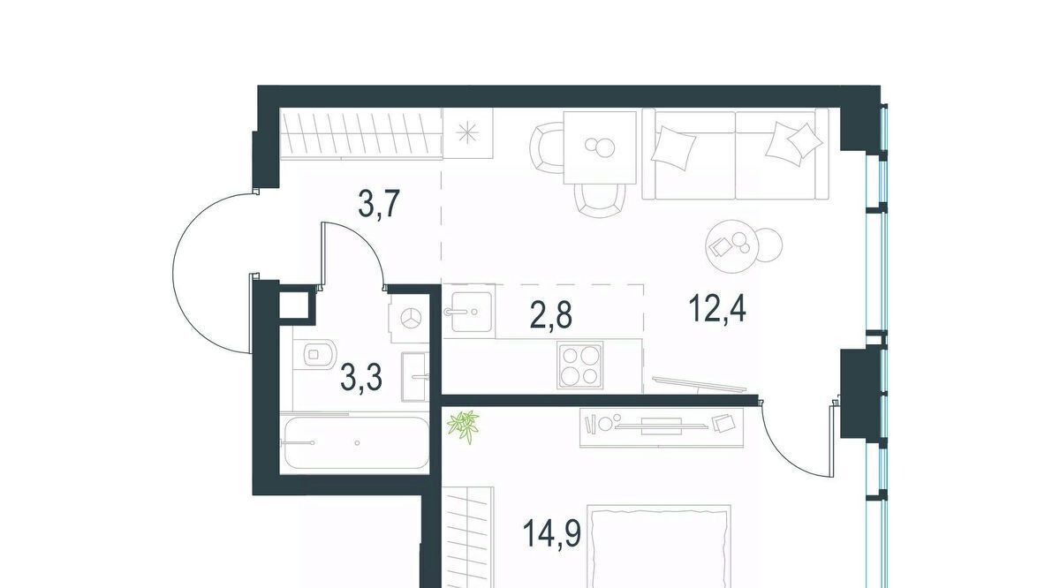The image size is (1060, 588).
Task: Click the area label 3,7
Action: pyautogui.click(x=380, y=204)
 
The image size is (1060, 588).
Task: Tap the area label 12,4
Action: pyautogui.click(x=717, y=308)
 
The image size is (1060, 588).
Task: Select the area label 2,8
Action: pyautogui.click(x=551, y=314)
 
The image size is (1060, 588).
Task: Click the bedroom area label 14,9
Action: pyautogui.click(x=552, y=532)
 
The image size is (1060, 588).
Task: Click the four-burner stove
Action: pyautogui.click(x=579, y=366)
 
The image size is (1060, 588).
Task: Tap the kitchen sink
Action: pyautogui.click(x=472, y=312)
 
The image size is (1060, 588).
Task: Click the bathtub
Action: pyautogui.click(x=355, y=443)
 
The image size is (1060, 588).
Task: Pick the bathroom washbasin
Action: pyautogui.click(x=415, y=377)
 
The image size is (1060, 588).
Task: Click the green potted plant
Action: pyautogui.click(x=463, y=426)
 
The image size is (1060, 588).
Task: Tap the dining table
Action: pyautogui.click(x=600, y=147)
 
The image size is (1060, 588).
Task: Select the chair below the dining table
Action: pyautogui.click(x=600, y=200)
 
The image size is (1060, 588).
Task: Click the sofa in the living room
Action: pyautogui.click(x=735, y=155)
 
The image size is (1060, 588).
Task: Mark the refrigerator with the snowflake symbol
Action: pyautogui.click(x=467, y=133)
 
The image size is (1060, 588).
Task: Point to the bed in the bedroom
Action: pyautogui.click(x=658, y=547)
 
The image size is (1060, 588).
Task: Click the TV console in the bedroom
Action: pyautogui.click(x=662, y=427)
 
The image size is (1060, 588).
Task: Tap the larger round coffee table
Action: pyautogui.click(x=732, y=246)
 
